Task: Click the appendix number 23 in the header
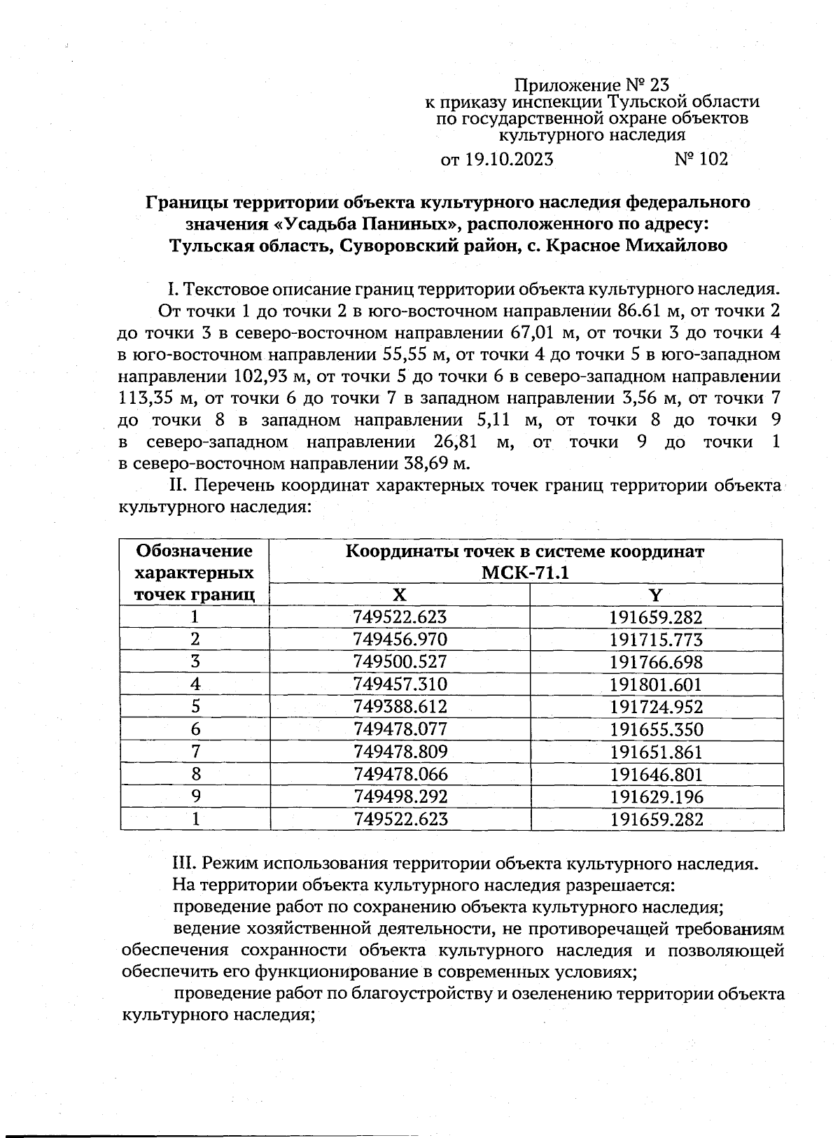point(659,85)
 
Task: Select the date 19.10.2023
point(507,160)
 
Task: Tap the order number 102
point(713,160)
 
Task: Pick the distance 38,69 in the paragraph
point(424,464)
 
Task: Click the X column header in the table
point(399,596)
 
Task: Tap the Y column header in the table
point(656,596)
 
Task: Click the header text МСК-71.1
point(526,573)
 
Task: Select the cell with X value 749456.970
point(400,640)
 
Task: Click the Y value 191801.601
point(656,684)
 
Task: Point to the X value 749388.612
point(400,707)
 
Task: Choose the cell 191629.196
point(656,797)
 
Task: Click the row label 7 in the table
point(195,752)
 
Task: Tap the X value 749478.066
point(400,775)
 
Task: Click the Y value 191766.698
point(656,662)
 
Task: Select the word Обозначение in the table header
point(194,551)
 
